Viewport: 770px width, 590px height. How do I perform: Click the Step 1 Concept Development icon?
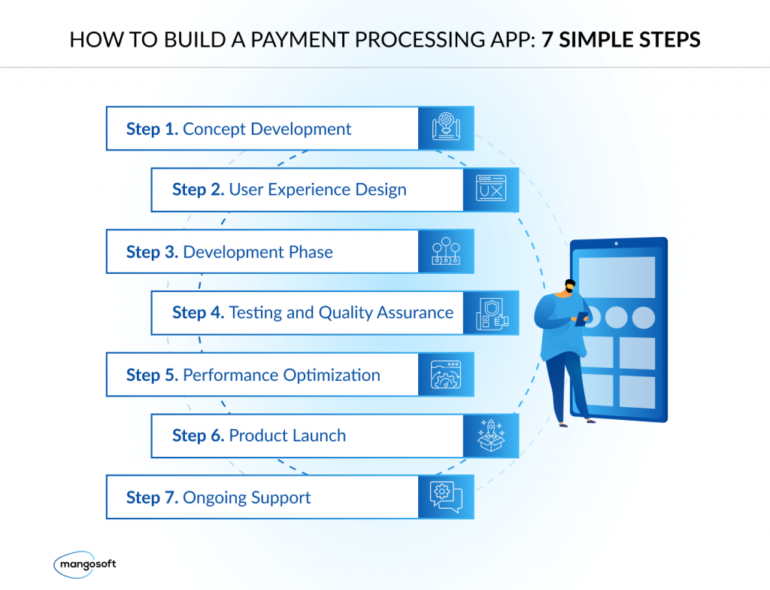pyautogui.click(x=446, y=128)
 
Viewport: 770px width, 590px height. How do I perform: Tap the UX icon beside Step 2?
pyautogui.click(x=491, y=189)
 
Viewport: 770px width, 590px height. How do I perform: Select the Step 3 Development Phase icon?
pyautogui.click(x=446, y=251)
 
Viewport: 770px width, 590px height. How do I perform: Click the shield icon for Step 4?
pyautogui.click(x=491, y=312)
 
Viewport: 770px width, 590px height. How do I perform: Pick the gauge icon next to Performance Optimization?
pyautogui.click(x=446, y=374)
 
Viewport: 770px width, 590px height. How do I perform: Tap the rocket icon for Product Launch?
pyautogui.click(x=491, y=435)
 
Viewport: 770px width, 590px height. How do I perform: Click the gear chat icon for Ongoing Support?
pyautogui.click(x=446, y=497)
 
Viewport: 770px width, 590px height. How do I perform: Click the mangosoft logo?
pyautogui.click(x=85, y=563)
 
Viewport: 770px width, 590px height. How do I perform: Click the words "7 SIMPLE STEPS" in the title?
pyautogui.click(x=621, y=39)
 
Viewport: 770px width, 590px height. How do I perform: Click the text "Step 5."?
pyautogui.click(x=152, y=375)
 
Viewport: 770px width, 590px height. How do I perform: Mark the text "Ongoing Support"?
pyautogui.click(x=247, y=497)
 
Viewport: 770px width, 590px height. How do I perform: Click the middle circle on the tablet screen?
pyautogui.click(x=616, y=317)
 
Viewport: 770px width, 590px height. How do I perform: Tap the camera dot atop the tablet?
pyautogui.click(x=617, y=244)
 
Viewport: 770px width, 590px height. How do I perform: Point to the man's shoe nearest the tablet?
pyautogui.click(x=587, y=419)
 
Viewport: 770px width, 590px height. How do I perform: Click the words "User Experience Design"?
pyautogui.click(x=317, y=190)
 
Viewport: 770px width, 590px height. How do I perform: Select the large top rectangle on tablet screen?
pyautogui.click(x=617, y=276)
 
